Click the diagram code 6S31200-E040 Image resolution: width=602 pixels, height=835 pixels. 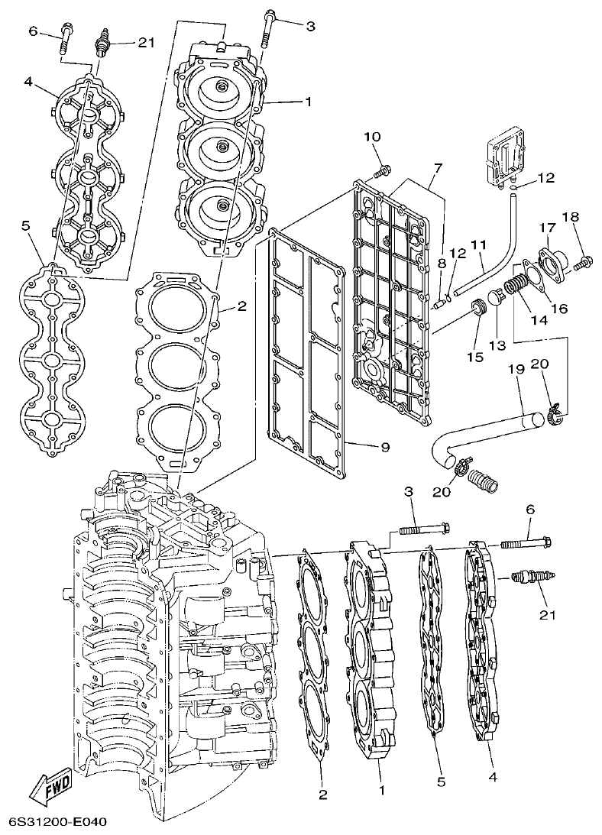click(57, 822)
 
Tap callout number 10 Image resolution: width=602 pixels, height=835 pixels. click(372, 137)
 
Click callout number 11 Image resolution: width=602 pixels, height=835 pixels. click(479, 244)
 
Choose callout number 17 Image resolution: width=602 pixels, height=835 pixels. click(548, 227)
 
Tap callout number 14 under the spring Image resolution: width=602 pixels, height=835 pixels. click(540, 322)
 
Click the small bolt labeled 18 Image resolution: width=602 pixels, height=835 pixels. click(583, 263)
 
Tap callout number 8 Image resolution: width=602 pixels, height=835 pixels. click(441, 264)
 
